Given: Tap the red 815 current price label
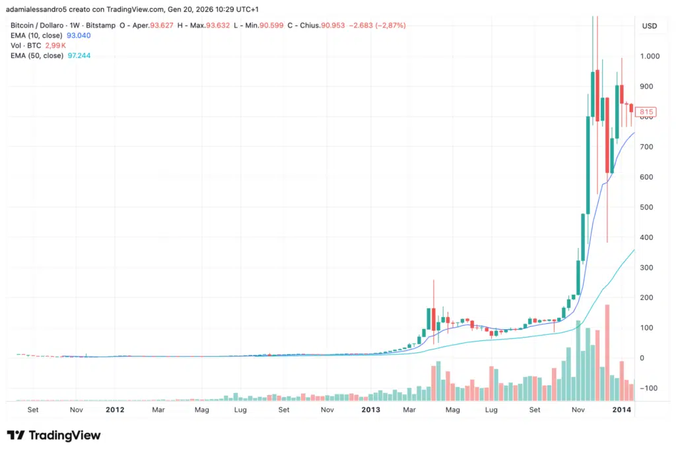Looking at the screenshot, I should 646,112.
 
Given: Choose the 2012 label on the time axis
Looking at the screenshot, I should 115,409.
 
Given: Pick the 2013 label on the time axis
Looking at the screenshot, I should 371,409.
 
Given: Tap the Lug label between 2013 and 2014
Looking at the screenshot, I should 491,409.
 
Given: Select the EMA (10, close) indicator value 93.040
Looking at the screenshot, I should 79,35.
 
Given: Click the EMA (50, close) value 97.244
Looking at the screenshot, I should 79,56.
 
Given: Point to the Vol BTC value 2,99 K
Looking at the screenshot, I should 55,45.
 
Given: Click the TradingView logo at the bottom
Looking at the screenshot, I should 53,435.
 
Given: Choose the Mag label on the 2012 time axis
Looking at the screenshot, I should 201,409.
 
